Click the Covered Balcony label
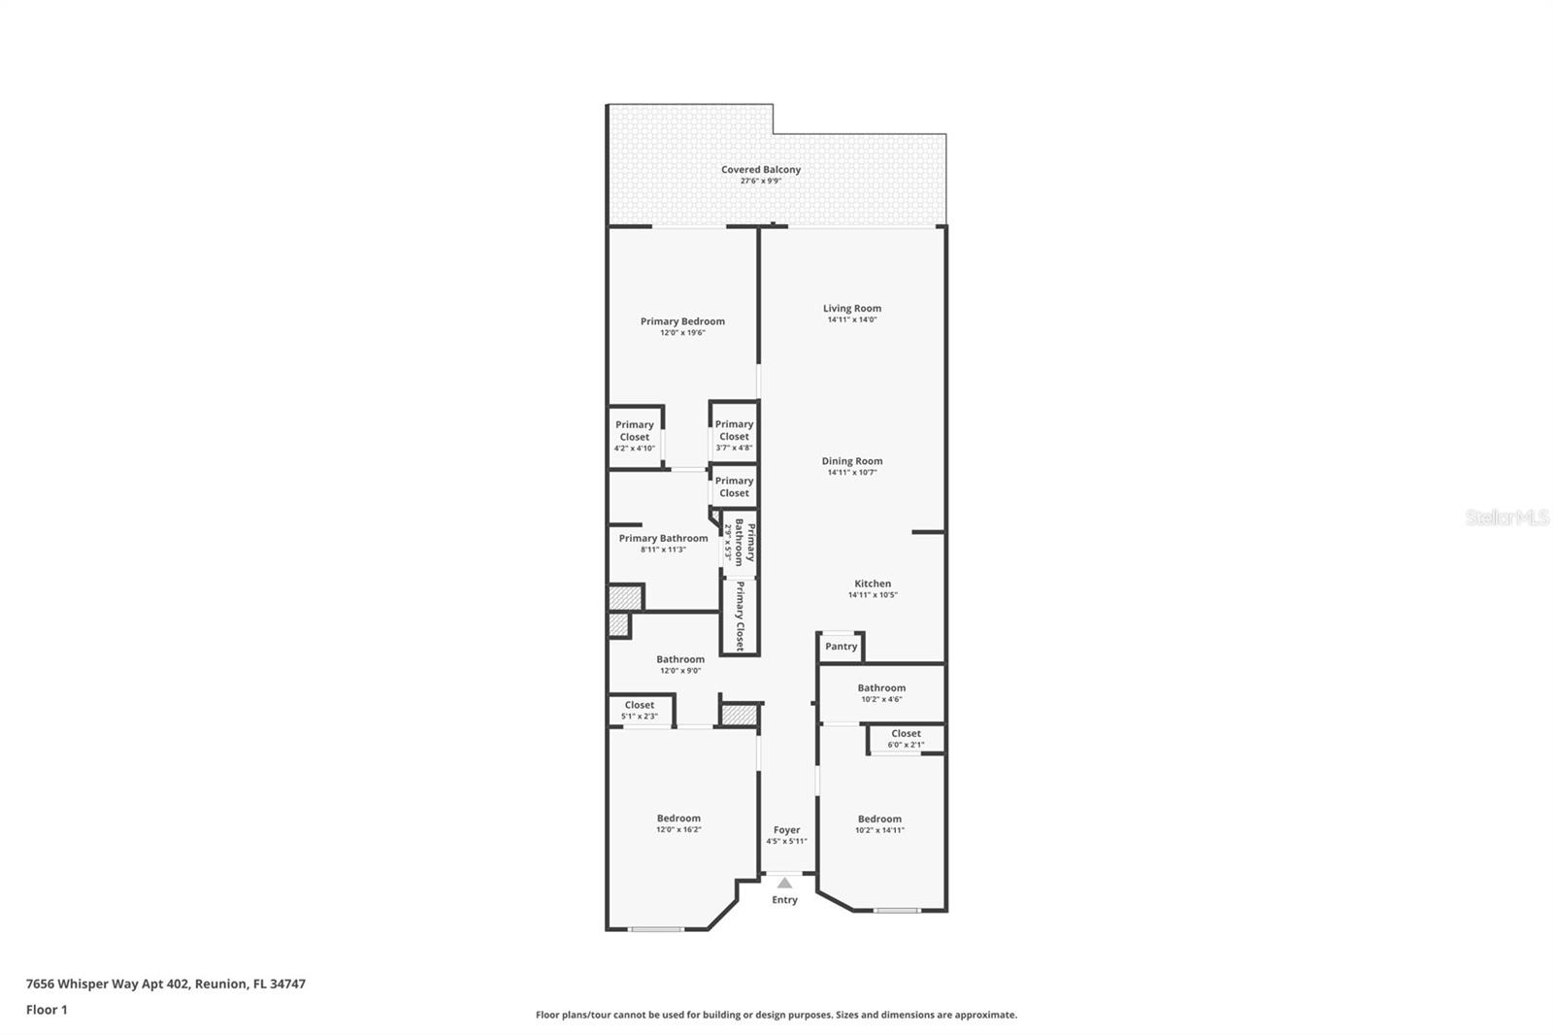pyautogui.click(x=761, y=170)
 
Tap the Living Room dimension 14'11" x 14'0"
pyautogui.click(x=852, y=319)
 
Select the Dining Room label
pyautogui.click(x=852, y=461)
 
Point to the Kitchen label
pyautogui.click(x=873, y=584)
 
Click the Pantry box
pyautogui.click(x=842, y=647)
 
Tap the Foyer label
pyautogui.click(x=786, y=830)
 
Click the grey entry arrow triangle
pyautogui.click(x=784, y=883)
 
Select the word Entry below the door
pyautogui.click(x=784, y=900)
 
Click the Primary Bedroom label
pyautogui.click(x=682, y=321)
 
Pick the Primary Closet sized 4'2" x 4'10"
pyautogui.click(x=635, y=436)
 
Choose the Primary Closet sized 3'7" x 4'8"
pyautogui.click(x=734, y=435)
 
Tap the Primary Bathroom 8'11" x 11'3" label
pyautogui.click(x=663, y=539)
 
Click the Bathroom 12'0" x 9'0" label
pyautogui.click(x=679, y=659)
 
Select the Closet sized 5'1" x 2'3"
pyautogui.click(x=640, y=710)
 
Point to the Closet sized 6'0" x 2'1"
pyautogui.click(x=906, y=739)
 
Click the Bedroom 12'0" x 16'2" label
pyautogui.click(x=678, y=818)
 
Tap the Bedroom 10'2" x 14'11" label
pyautogui.click(x=879, y=818)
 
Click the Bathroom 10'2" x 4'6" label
pyautogui.click(x=881, y=688)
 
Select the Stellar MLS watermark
pyautogui.click(x=1506, y=517)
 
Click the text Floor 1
pyautogui.click(x=47, y=1010)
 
